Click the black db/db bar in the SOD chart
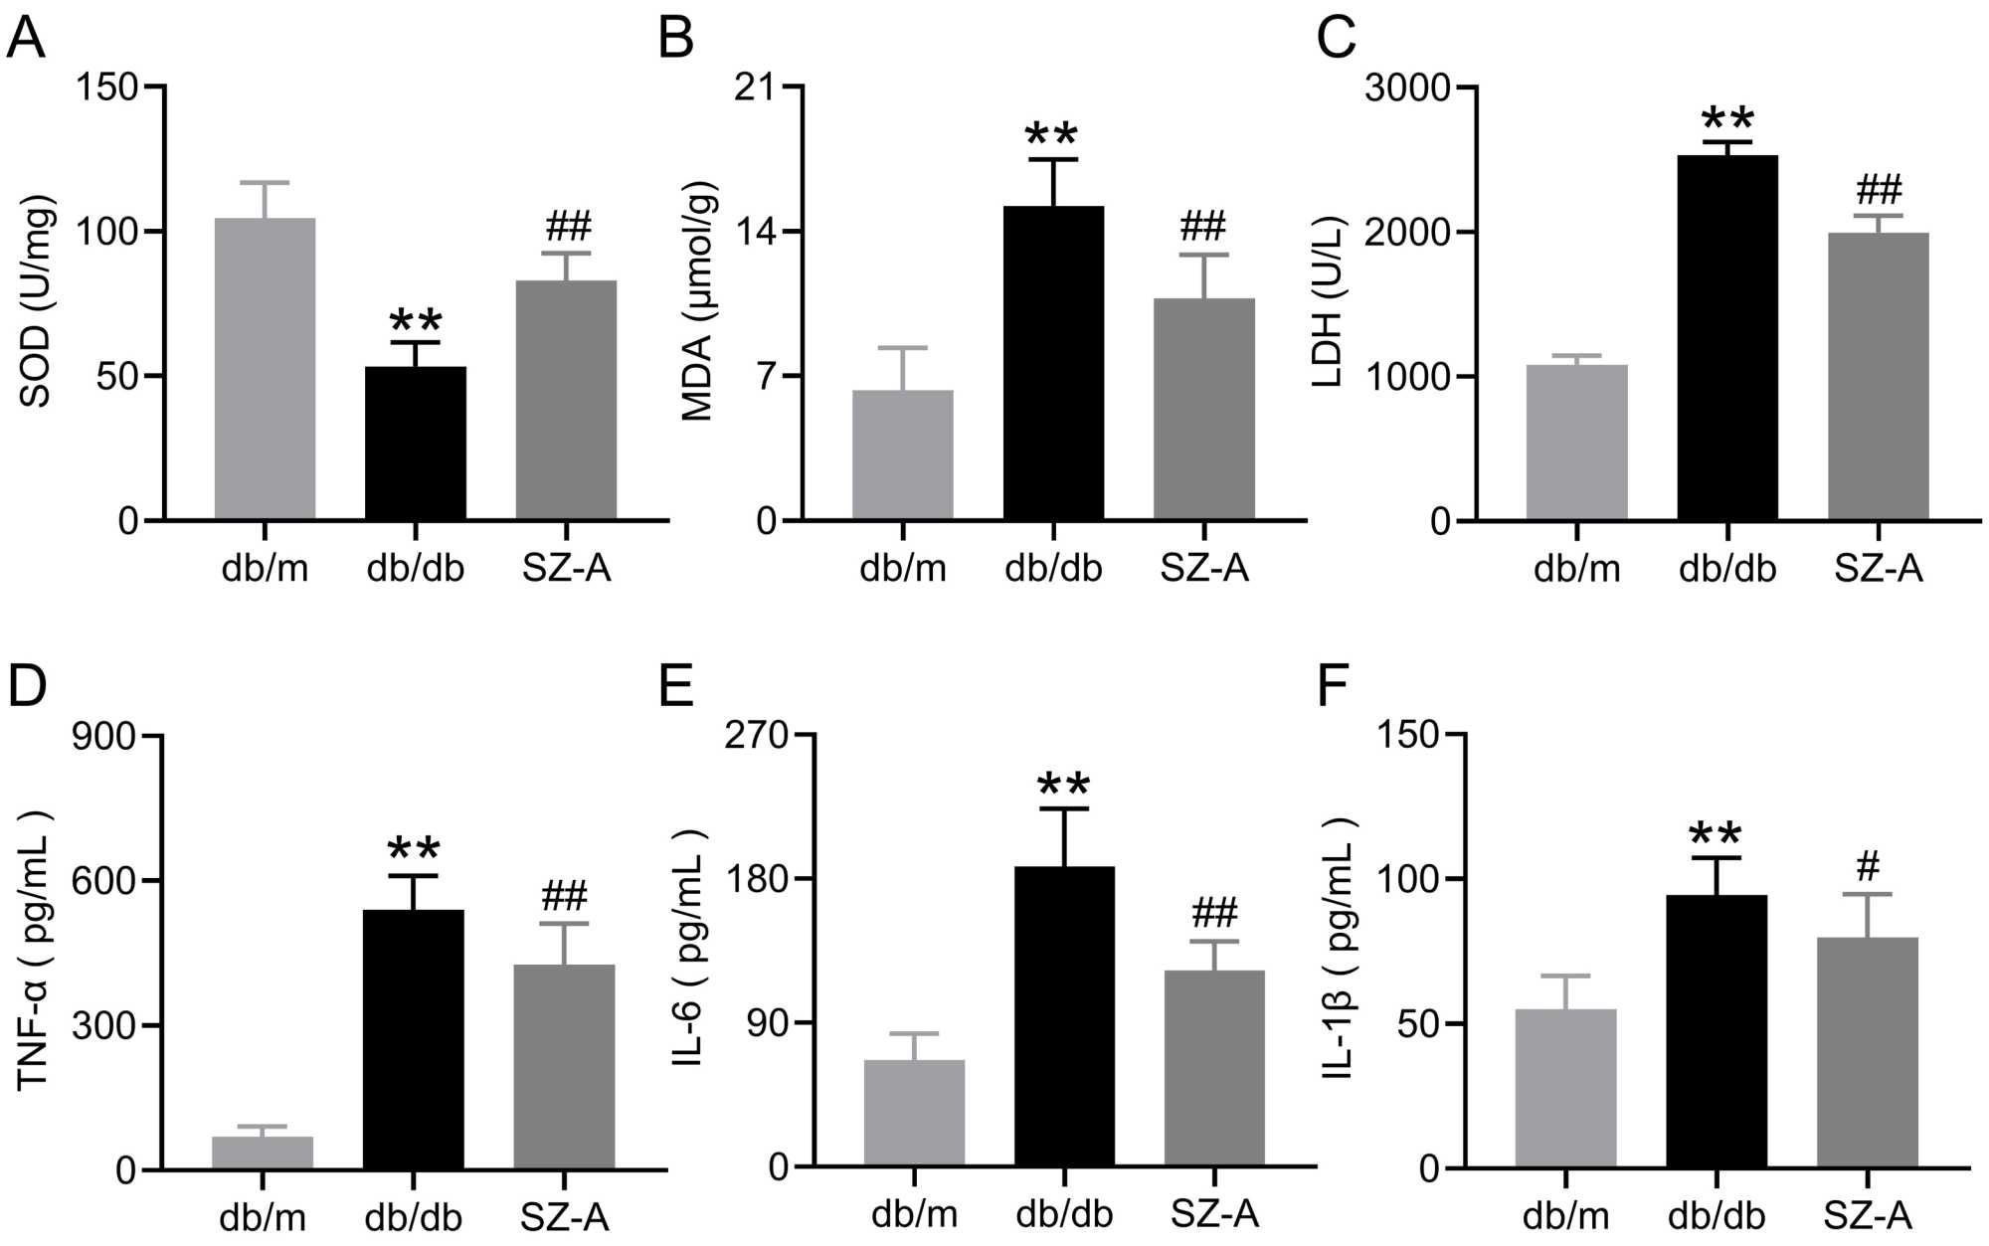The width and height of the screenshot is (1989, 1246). [x=416, y=444]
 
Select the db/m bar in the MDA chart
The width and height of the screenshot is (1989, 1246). [x=903, y=455]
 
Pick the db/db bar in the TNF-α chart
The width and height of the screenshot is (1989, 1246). [x=414, y=1039]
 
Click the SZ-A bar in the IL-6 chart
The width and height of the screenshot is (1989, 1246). [x=1214, y=1068]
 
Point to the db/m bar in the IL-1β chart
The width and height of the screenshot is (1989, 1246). [x=1566, y=1088]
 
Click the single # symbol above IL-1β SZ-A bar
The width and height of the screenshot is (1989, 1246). [x=1869, y=866]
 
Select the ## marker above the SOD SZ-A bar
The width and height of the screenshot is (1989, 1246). [x=568, y=227]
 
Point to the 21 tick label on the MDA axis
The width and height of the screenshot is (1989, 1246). [x=755, y=88]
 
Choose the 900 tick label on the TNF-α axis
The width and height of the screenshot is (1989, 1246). [x=103, y=737]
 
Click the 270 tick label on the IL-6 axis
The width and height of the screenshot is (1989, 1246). [x=756, y=736]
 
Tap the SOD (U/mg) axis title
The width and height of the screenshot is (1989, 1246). [x=36, y=301]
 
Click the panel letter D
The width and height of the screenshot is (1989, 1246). [x=27, y=686]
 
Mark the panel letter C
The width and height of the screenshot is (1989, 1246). [x=1336, y=38]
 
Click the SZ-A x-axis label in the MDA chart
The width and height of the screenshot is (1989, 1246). [x=1204, y=568]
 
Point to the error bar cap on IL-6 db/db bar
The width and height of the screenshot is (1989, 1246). [x=1064, y=808]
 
